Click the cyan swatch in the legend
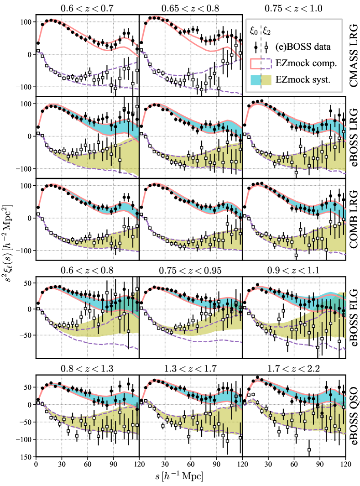coord(256,80)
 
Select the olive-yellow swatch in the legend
coord(266,80)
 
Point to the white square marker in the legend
coord(266,47)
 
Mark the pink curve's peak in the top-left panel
coord(54,20)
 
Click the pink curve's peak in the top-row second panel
coord(157,17)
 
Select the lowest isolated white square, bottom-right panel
coord(309,449)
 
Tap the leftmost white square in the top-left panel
coord(38,51)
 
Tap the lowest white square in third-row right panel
coord(296,255)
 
